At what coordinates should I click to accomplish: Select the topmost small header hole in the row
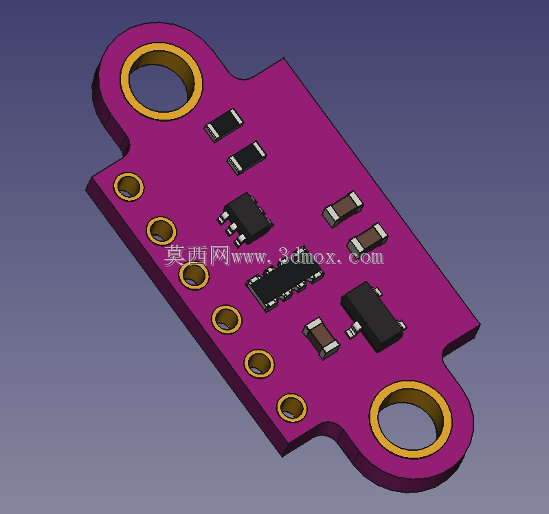(x=128, y=187)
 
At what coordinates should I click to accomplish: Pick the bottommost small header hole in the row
(x=292, y=408)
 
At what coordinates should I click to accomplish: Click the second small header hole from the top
(x=161, y=231)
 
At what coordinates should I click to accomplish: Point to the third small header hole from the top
(x=194, y=274)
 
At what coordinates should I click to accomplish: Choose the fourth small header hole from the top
(x=227, y=320)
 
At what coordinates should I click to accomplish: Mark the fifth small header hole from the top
(x=259, y=364)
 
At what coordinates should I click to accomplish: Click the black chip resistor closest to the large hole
(x=224, y=125)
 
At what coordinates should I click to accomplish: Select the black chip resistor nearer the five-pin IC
(x=247, y=157)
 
